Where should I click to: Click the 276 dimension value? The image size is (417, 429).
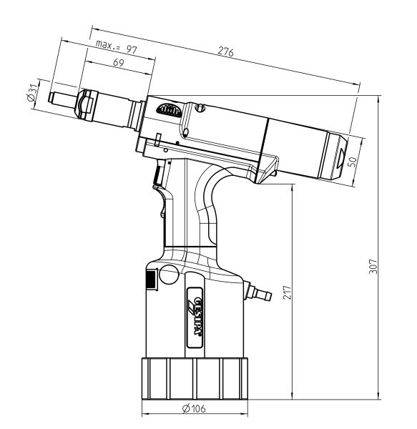coord(226,51)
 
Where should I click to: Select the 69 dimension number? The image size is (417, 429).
coord(119,63)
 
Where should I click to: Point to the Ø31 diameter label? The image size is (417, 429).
coord(31,92)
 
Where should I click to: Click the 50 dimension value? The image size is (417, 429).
coord(352,162)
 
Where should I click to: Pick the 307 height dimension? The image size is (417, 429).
coord(373,266)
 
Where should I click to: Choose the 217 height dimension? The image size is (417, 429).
coord(287,292)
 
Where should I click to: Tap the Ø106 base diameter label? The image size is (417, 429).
coord(194,409)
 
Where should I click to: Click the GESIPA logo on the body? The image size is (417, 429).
coord(196,317)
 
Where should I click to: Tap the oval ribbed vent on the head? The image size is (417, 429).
coord(169,111)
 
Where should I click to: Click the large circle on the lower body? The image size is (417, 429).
coord(169,275)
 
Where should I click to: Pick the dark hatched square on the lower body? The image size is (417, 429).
coord(151,279)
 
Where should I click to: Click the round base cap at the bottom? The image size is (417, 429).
coord(195,378)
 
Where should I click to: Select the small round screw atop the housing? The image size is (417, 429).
coord(200,108)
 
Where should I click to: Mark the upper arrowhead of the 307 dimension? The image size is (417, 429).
coord(378,99)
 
